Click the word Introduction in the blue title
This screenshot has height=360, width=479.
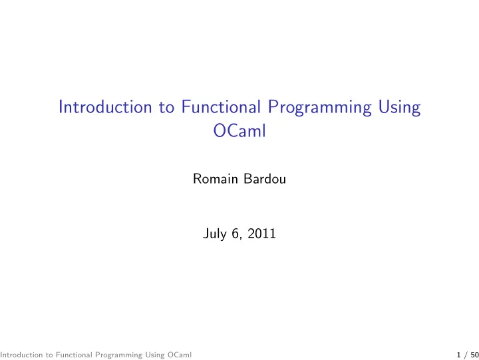pos(105,107)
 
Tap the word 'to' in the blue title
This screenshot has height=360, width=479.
pos(166,108)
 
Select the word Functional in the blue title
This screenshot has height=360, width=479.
pos(221,107)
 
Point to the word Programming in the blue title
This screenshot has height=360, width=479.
pos(320,108)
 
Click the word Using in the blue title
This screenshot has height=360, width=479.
pos(400,108)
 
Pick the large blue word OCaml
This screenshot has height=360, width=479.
pos(239,131)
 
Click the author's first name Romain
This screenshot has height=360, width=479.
pos(216,179)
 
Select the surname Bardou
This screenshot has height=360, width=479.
pos(265,179)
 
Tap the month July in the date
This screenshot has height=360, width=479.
pos(215,234)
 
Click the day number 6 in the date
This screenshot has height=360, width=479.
pos(235,234)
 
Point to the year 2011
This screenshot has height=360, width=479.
pos(261,234)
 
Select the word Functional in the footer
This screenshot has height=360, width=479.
pos(74,355)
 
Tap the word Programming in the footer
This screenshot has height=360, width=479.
pos(119,355)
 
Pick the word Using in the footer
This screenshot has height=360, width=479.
pos(155,355)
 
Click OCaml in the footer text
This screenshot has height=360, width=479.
pos(180,355)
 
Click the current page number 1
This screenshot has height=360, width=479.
pos(458,355)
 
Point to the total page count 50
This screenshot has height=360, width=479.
pos(475,355)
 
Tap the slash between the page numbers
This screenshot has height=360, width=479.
pos(466,355)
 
